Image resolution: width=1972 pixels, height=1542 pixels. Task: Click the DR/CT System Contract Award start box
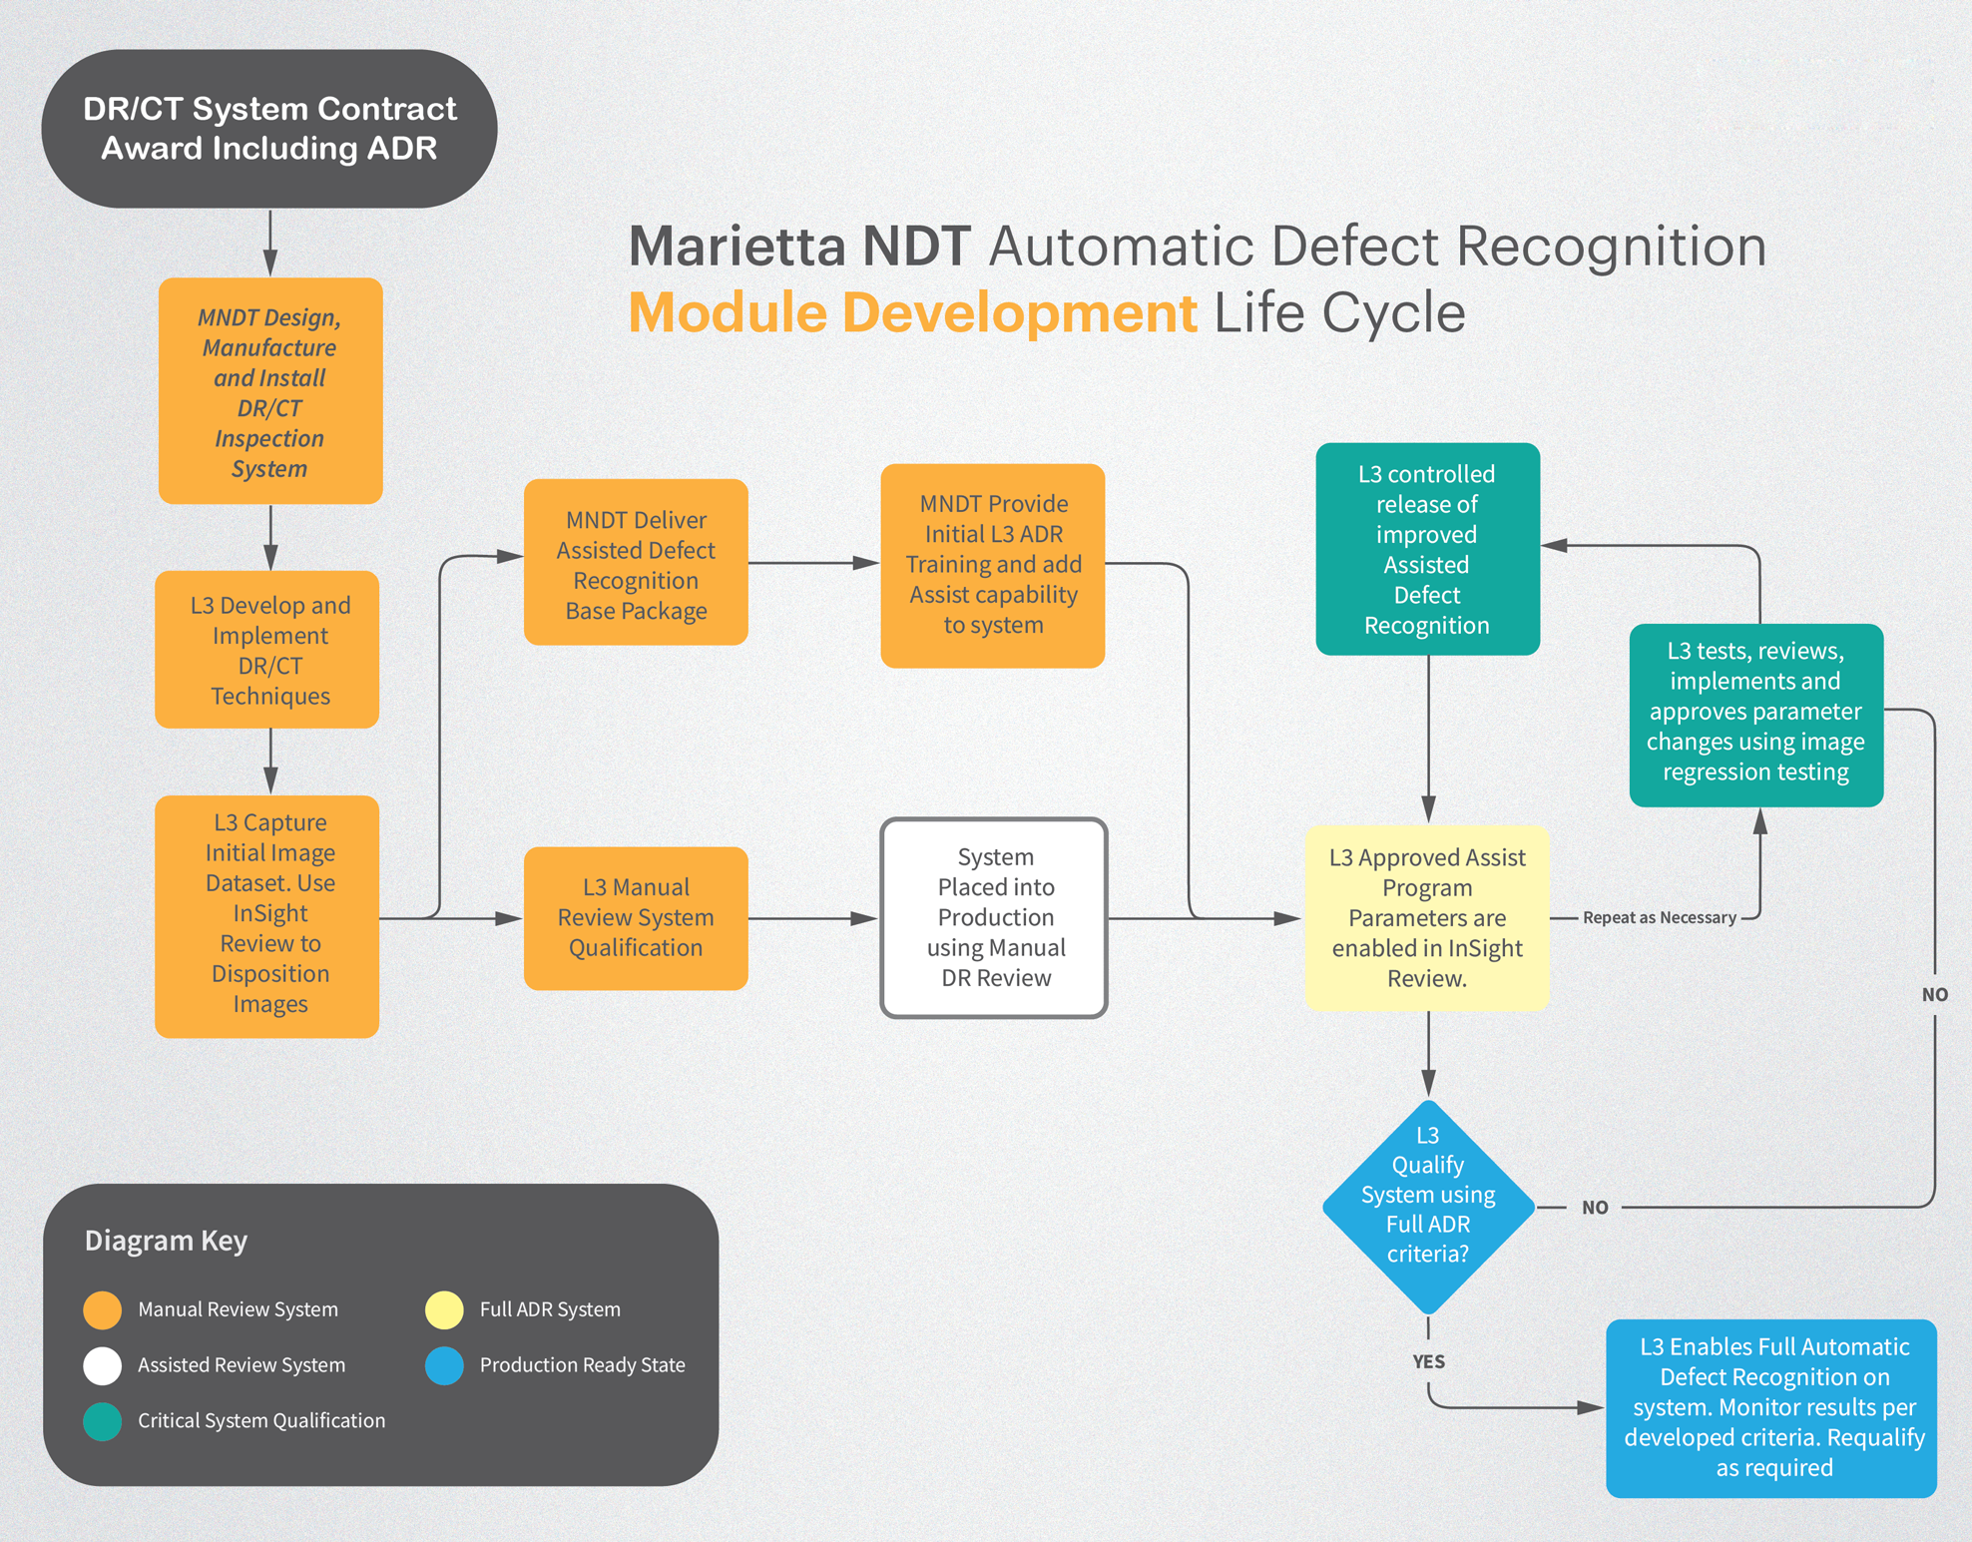click(x=269, y=129)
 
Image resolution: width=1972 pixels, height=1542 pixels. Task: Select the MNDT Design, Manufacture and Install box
click(x=269, y=391)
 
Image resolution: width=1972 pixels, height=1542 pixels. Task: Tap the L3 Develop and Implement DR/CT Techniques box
click(x=267, y=650)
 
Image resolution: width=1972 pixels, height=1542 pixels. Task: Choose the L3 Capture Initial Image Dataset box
click(x=267, y=916)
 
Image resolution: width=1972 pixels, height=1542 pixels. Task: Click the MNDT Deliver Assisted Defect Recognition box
click(x=636, y=563)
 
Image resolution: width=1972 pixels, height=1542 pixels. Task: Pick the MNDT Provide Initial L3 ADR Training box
click(x=993, y=566)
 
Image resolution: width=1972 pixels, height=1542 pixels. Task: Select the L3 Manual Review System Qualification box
click(x=636, y=918)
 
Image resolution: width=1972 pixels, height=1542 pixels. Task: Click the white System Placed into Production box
click(x=994, y=918)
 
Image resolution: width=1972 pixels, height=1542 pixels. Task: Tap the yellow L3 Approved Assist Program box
click(x=1427, y=918)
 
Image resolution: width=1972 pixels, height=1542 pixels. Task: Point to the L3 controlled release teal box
click(x=1427, y=549)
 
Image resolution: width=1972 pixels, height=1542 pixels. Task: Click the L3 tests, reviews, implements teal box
click(x=1755, y=715)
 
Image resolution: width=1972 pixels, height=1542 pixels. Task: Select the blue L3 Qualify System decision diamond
click(x=1428, y=1207)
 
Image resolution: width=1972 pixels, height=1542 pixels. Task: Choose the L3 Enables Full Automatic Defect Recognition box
click(x=1771, y=1408)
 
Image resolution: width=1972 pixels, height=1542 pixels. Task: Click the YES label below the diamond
click(x=1428, y=1361)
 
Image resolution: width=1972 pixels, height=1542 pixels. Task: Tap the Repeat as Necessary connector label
click(x=1659, y=918)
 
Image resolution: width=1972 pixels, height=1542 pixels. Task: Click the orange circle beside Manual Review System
click(x=103, y=1310)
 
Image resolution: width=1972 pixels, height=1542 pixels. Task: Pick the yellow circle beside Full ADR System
click(x=444, y=1310)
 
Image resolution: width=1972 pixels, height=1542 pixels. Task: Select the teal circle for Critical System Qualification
click(x=103, y=1421)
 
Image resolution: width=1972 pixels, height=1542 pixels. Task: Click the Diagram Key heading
click(x=166, y=1241)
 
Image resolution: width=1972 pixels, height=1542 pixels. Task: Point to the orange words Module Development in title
click(x=912, y=313)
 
